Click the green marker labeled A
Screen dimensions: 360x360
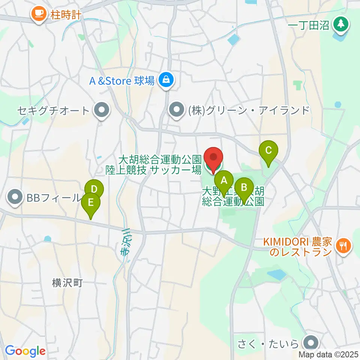[224, 180]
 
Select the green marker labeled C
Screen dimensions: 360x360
[268, 150]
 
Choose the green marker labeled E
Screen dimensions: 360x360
[91, 203]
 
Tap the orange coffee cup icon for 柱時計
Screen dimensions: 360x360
[39, 14]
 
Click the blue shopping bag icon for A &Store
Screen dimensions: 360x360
[165, 80]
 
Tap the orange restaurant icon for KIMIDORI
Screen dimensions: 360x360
[343, 246]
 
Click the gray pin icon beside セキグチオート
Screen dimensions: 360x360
[101, 111]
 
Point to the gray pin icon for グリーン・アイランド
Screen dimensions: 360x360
[175, 110]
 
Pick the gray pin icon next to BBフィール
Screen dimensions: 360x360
[15, 197]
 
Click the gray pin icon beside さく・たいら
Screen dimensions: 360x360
[311, 343]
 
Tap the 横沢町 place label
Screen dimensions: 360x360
[67, 283]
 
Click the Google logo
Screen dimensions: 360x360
[25, 351]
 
